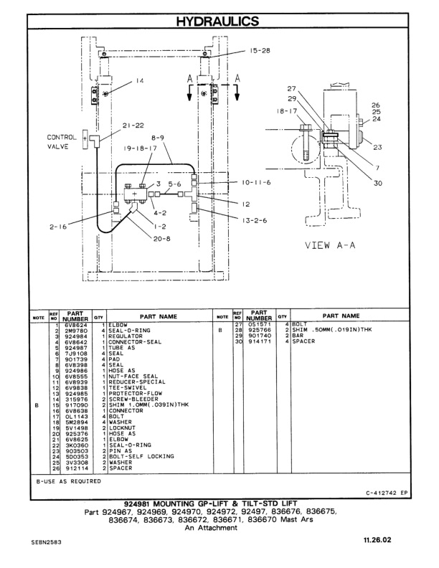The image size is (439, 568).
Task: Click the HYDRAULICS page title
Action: pos(219,22)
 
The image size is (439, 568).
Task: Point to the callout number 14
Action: pos(140,81)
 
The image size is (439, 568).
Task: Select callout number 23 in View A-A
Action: pos(377,147)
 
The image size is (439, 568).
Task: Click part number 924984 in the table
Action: pos(74,336)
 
